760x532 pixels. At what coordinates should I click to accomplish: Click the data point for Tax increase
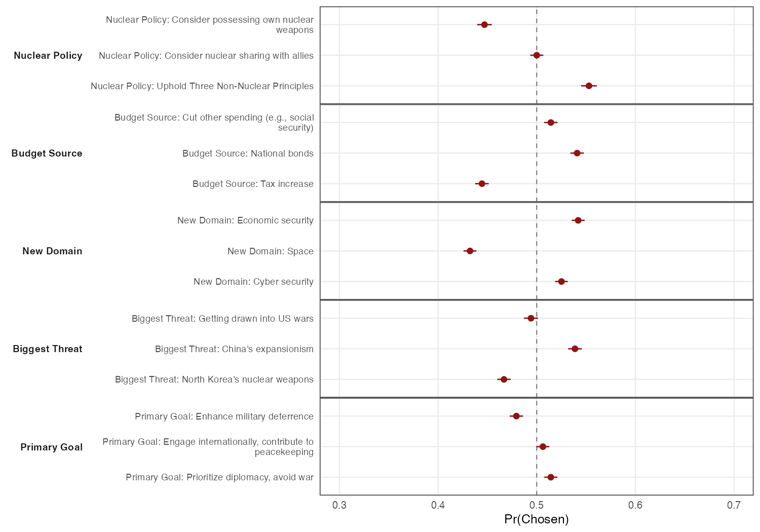click(482, 183)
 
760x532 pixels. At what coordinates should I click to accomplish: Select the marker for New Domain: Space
click(470, 251)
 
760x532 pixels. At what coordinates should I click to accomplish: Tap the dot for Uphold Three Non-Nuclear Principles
click(589, 86)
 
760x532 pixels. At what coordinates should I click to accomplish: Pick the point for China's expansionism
click(575, 349)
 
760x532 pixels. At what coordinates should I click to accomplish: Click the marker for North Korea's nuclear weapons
click(504, 379)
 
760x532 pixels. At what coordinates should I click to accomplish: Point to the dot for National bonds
click(577, 153)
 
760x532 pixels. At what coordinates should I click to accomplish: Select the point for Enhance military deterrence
click(516, 416)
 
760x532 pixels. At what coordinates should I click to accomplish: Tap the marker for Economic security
click(578, 220)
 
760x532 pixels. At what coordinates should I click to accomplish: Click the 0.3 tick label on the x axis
click(339, 505)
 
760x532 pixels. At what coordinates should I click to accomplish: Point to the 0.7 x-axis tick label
click(734, 505)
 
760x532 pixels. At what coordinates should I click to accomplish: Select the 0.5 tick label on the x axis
click(537, 505)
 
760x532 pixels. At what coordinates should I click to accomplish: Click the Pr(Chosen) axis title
click(537, 519)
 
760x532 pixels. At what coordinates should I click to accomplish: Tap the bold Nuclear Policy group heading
click(48, 56)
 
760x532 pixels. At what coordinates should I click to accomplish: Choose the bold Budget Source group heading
click(47, 154)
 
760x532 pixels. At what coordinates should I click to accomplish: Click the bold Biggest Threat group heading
click(48, 349)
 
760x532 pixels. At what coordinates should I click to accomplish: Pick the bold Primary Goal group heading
click(51, 447)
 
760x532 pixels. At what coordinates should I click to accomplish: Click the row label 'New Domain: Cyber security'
click(253, 282)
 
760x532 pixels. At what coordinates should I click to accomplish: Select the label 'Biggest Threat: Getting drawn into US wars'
click(222, 319)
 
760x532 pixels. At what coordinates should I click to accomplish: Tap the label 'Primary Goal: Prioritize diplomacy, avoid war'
click(219, 477)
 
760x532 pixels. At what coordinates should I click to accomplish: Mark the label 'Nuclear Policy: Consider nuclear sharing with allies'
click(206, 56)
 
